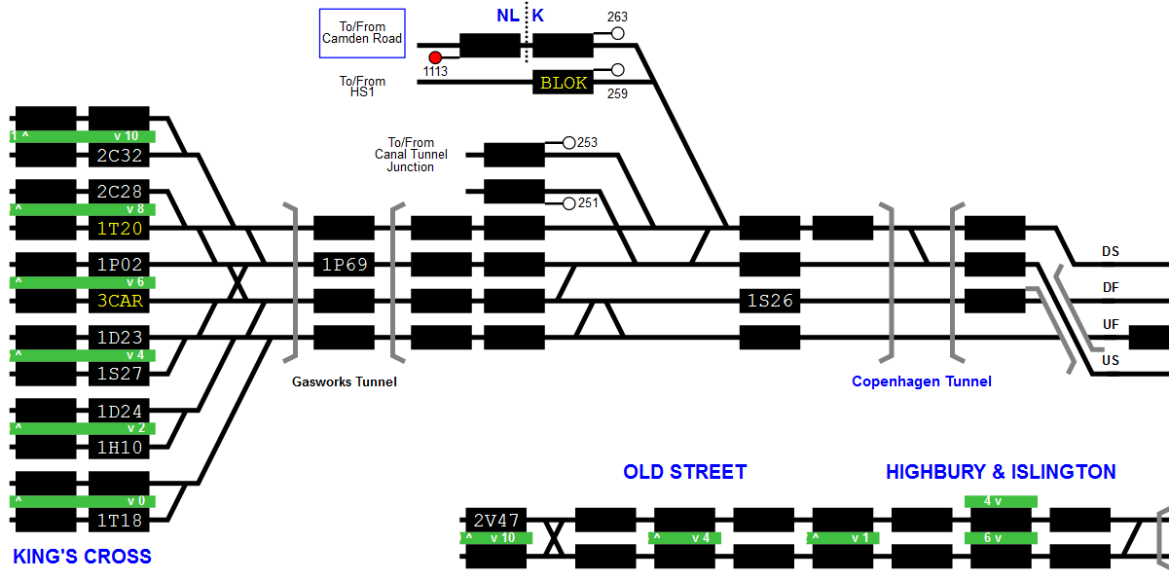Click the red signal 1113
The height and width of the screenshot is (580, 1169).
click(x=435, y=57)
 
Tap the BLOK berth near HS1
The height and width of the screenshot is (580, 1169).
click(x=564, y=83)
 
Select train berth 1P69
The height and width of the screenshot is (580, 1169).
click(x=344, y=265)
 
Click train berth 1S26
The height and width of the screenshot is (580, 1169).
click(x=770, y=301)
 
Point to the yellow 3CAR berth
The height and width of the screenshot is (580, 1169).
click(x=120, y=301)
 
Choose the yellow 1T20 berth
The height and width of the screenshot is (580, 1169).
click(x=120, y=229)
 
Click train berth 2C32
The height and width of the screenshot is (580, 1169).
click(x=120, y=155)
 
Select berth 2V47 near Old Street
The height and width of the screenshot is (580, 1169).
click(x=496, y=520)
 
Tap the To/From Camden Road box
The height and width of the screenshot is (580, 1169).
click(x=362, y=33)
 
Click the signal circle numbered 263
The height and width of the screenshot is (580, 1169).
click(x=617, y=33)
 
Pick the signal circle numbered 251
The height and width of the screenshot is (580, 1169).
click(x=569, y=202)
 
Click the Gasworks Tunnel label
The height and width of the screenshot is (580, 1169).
click(x=345, y=381)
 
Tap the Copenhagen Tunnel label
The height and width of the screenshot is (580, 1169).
click(x=921, y=381)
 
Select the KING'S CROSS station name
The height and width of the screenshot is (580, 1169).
click(x=82, y=557)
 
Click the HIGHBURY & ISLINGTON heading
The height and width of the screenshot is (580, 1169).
click(x=1001, y=472)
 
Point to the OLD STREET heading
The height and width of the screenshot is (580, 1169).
click(x=684, y=472)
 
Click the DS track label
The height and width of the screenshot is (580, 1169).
click(x=1110, y=251)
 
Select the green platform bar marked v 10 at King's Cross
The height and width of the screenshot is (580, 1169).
click(x=83, y=136)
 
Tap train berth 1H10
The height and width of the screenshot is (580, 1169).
click(x=120, y=448)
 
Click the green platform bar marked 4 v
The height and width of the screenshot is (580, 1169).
click(x=1001, y=501)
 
